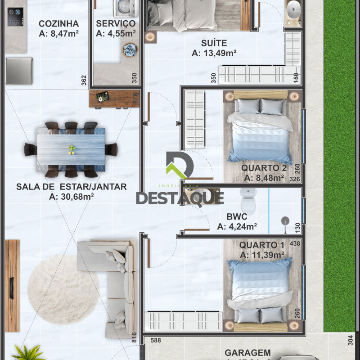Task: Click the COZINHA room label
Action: (x=58, y=23)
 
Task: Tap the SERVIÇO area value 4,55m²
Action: (x=116, y=33)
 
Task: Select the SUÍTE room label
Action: (x=214, y=43)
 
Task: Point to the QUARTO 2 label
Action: (x=264, y=168)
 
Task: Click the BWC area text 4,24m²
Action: (x=237, y=227)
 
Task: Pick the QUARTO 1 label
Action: (x=261, y=245)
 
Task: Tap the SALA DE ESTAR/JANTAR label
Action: (x=72, y=186)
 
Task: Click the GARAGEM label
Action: (x=247, y=353)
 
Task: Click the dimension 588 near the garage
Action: (x=155, y=341)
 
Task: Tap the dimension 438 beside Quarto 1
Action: (x=295, y=243)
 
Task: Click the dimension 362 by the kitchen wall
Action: (x=84, y=80)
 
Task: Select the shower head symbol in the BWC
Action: (x=285, y=221)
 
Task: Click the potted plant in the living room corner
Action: (x=25, y=352)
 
